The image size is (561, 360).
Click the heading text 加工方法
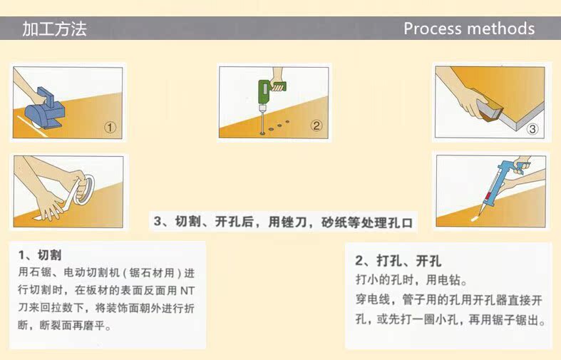click(x=54, y=29)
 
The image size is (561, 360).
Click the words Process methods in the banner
click(x=469, y=29)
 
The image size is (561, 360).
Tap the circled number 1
click(x=110, y=128)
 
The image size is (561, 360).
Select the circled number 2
click(x=316, y=125)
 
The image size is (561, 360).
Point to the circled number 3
click(x=532, y=129)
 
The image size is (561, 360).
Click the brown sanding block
click(x=490, y=109)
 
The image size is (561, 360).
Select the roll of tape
click(x=85, y=190)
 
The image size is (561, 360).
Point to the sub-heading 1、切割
click(x=40, y=255)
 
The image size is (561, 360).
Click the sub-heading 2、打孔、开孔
click(x=398, y=261)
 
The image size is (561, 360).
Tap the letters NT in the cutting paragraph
click(x=187, y=291)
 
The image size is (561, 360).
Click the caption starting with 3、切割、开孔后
click(x=283, y=222)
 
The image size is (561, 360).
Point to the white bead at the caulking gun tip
click(x=475, y=217)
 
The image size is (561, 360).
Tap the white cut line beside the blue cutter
click(x=33, y=126)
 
